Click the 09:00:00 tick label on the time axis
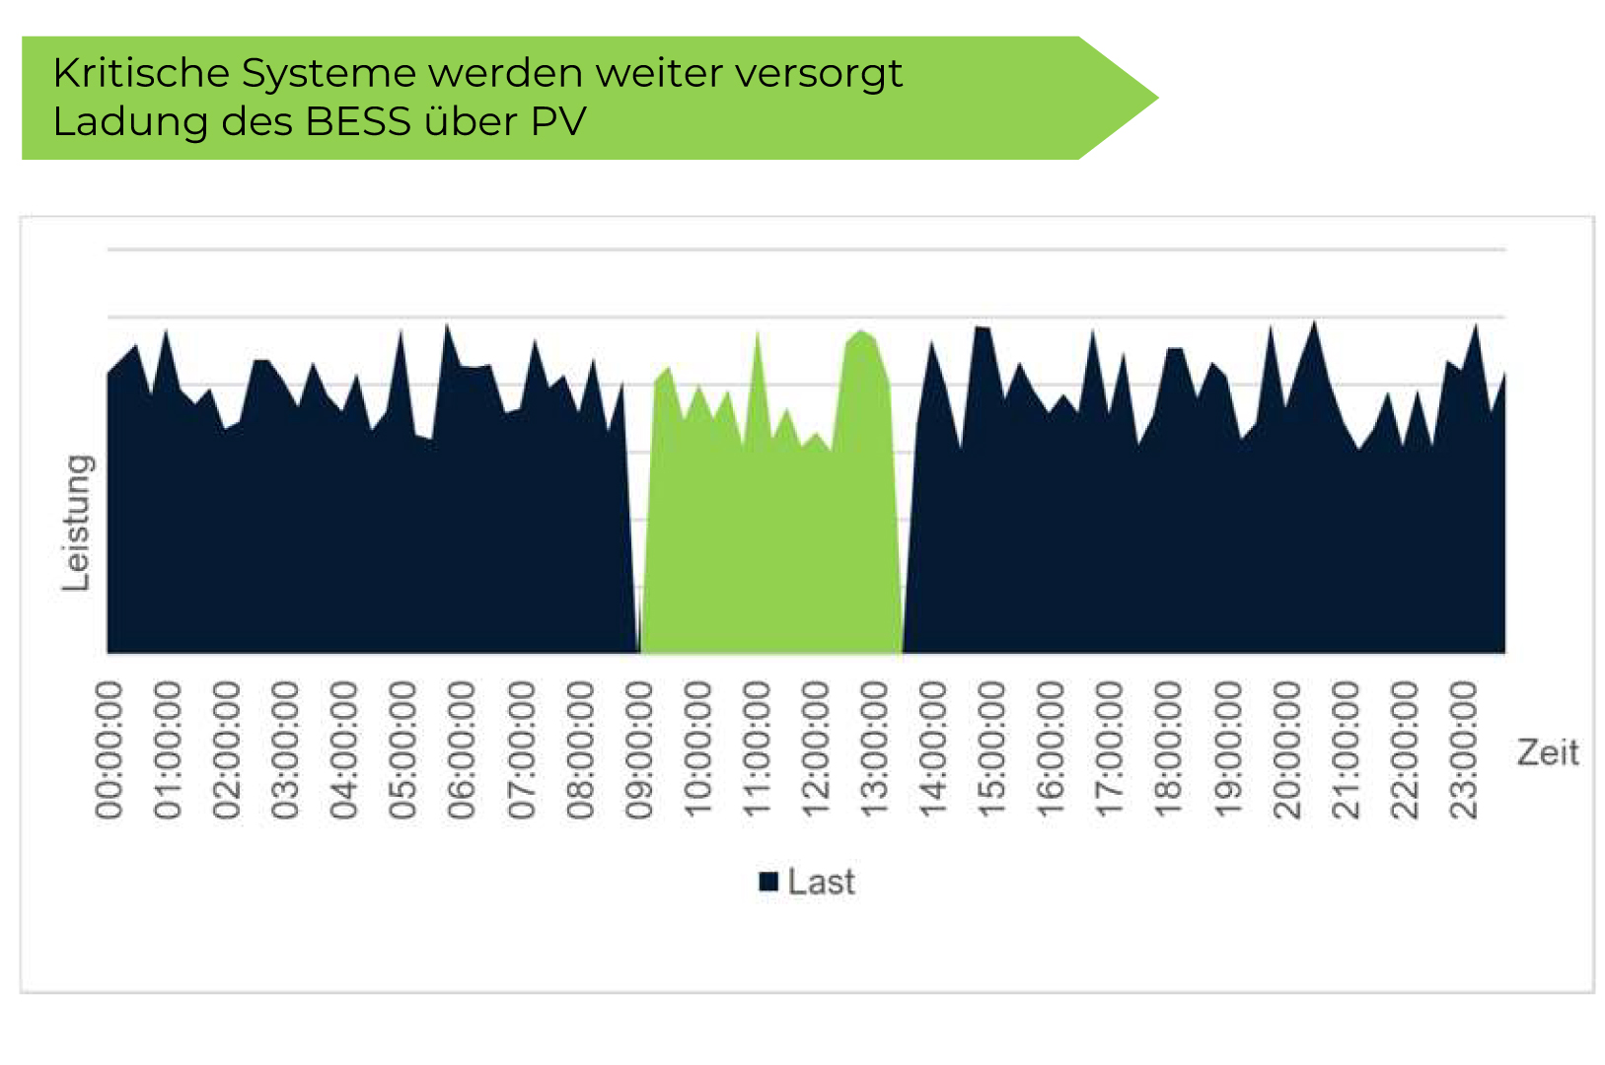[x=639, y=750]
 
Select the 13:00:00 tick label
[x=875, y=750]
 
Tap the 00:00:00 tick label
[x=109, y=750]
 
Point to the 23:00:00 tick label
[x=1465, y=750]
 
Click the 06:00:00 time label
[x=462, y=750]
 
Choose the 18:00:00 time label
[x=1169, y=750]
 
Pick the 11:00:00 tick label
[x=757, y=750]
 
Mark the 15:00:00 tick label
[x=992, y=750]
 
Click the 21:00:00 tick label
[x=1347, y=750]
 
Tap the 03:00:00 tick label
[x=285, y=750]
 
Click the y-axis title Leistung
[x=76, y=523]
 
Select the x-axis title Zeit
[x=1547, y=753]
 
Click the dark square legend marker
[x=768, y=882]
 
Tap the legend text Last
[x=821, y=882]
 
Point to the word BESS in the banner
[x=357, y=122]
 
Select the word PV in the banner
[x=558, y=122]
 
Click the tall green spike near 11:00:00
[x=758, y=345]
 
